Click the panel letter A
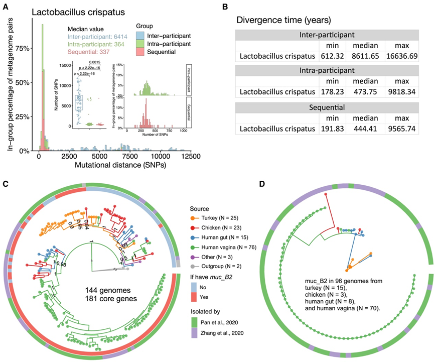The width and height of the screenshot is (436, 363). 8,8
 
